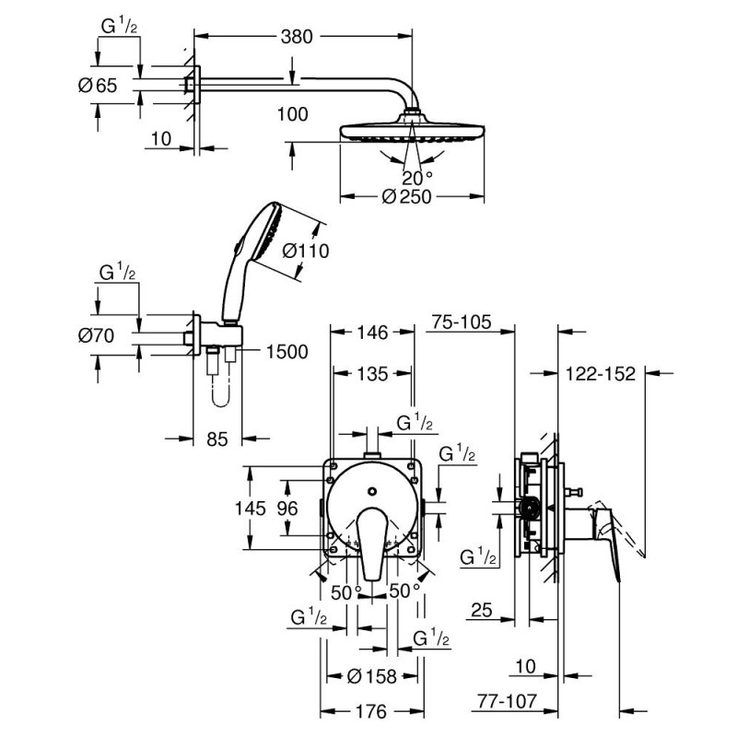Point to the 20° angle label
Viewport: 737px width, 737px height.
(416, 177)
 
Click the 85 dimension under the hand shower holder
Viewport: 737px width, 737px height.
(216, 441)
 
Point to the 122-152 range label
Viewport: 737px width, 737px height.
(602, 374)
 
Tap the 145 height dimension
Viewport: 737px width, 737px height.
(250, 508)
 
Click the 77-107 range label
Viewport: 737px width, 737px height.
(506, 702)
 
